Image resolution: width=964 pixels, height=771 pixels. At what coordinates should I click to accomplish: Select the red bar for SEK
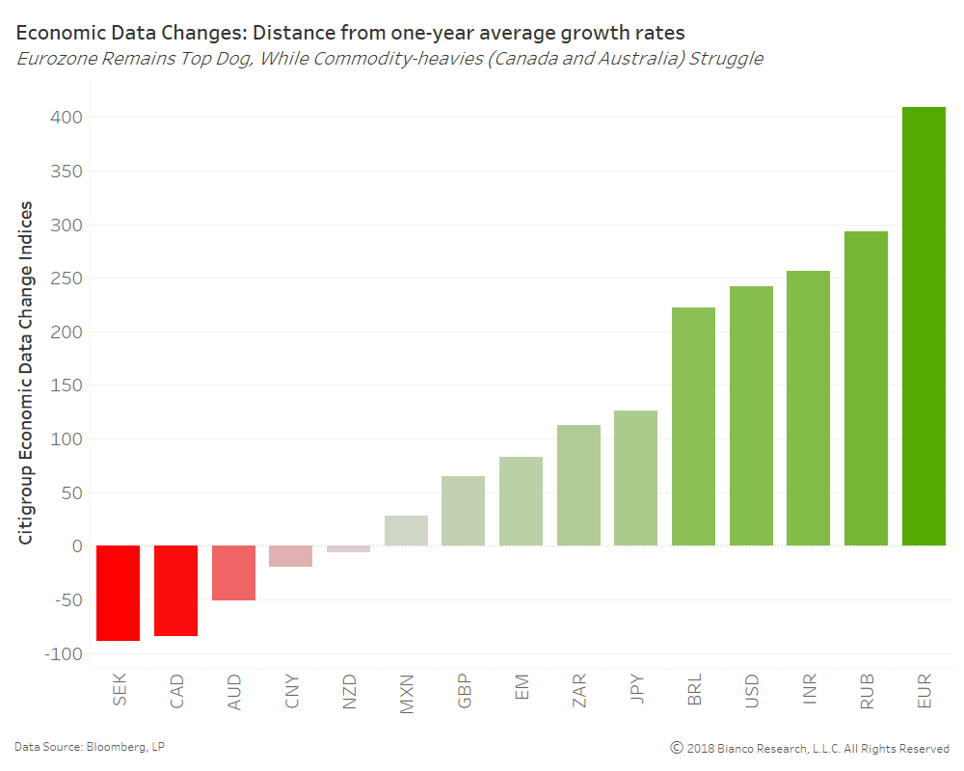tap(119, 593)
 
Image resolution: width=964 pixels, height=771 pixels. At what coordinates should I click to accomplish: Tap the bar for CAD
tap(175, 591)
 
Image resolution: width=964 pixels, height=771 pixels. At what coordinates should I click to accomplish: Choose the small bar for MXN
tap(406, 530)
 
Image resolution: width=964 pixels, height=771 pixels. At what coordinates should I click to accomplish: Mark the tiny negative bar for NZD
tap(348, 549)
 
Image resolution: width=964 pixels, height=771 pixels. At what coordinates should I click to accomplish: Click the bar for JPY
tap(636, 478)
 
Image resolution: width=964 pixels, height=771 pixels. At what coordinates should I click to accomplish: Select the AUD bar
tap(233, 572)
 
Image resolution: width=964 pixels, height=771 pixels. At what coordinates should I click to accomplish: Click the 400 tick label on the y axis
tap(67, 118)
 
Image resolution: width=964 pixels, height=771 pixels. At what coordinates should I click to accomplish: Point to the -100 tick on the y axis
tap(64, 653)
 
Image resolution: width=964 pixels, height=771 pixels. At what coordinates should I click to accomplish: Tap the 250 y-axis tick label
tap(67, 279)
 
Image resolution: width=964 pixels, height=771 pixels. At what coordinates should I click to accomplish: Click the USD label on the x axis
tap(752, 693)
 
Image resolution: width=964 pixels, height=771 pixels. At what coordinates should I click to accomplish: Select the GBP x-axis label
tap(465, 693)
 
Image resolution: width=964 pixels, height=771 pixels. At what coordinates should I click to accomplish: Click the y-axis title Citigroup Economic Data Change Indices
tap(26, 372)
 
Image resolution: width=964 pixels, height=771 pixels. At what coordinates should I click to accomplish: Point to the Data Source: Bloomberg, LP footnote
tap(82, 746)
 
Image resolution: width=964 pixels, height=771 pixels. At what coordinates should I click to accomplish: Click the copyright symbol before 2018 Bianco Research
tap(677, 748)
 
